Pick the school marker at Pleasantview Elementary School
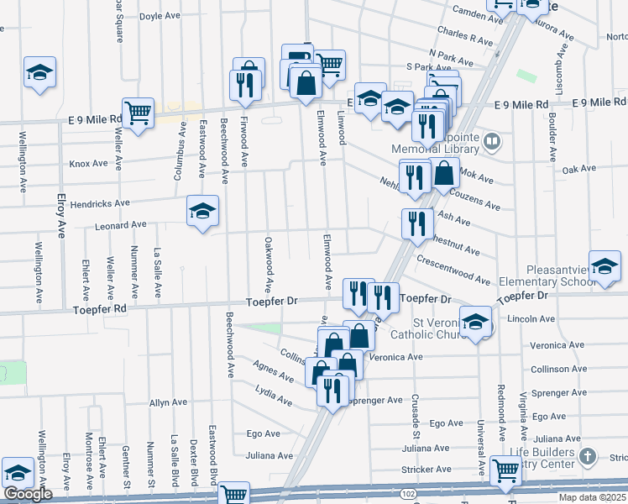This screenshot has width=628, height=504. pyautogui.click(x=604, y=267)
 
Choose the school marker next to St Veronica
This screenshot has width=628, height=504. pyautogui.click(x=476, y=323)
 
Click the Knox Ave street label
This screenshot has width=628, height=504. pyautogui.click(x=89, y=164)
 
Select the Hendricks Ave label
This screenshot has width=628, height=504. pyautogui.click(x=100, y=203)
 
